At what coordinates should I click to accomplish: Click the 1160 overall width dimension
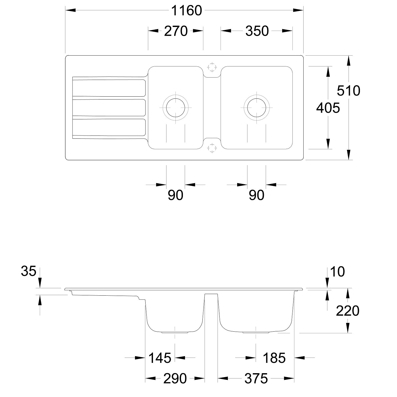[x=187, y=11]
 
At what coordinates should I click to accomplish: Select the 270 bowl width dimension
[x=176, y=31]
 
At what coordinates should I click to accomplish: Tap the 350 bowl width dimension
[x=257, y=31]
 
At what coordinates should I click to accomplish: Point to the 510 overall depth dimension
[x=349, y=91]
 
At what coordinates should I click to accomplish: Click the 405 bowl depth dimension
[x=328, y=108]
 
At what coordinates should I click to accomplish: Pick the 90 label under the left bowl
[x=175, y=195]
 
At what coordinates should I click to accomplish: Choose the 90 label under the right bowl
[x=257, y=195]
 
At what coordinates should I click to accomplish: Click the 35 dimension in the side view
[x=29, y=271]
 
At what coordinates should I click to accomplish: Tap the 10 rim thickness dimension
[x=337, y=272]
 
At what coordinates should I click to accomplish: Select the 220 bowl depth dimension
[x=348, y=311]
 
